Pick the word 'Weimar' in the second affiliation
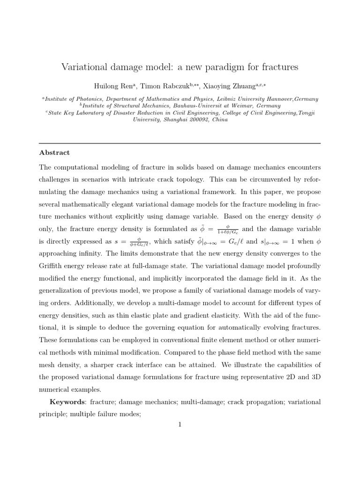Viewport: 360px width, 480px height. (242, 106)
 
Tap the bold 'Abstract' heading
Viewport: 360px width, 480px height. (54, 153)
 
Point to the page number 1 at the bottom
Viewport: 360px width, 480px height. (180, 425)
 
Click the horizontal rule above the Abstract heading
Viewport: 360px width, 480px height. (180, 143)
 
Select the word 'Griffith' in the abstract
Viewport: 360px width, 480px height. (52, 265)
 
